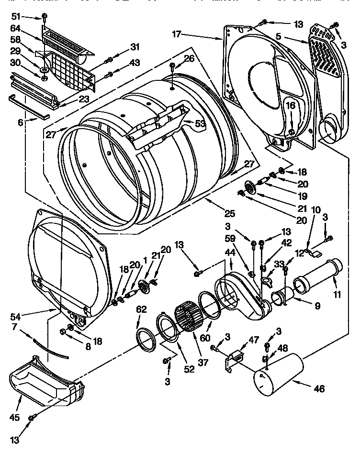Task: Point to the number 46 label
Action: pos(318,389)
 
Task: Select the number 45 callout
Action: pos(15,417)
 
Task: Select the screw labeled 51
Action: pos(44,18)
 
